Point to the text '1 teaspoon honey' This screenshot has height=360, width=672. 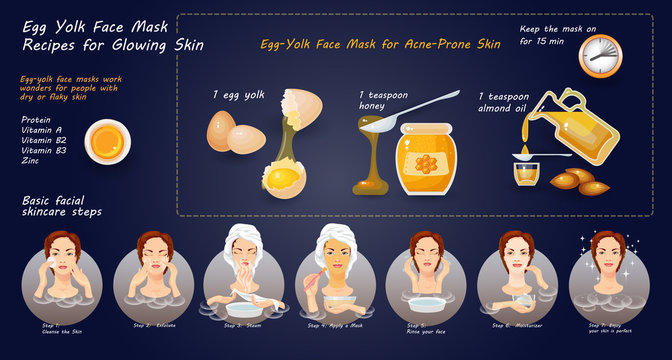(x=388, y=101)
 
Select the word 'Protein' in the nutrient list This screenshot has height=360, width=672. (x=36, y=119)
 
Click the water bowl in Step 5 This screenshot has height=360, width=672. (x=424, y=305)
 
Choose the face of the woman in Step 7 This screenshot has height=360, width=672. (x=607, y=256)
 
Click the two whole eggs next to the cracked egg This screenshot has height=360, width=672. (x=235, y=132)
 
